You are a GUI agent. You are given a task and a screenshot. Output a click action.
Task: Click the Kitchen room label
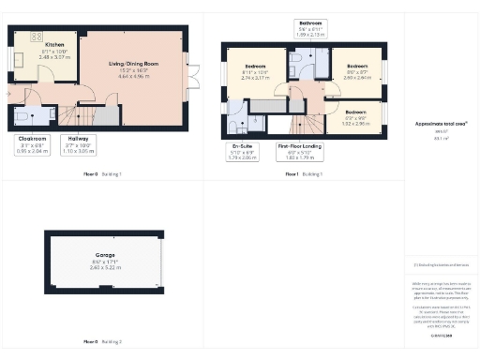[x=54, y=44]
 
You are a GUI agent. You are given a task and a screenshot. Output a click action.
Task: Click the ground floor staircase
[x=89, y=115]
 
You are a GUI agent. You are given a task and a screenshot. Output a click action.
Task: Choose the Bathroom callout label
[x=310, y=27]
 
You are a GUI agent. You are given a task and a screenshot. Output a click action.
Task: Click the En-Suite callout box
[x=243, y=150]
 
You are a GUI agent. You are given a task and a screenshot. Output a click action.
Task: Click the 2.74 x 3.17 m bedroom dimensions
[x=256, y=78]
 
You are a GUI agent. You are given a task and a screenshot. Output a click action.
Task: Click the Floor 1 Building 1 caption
[x=302, y=175]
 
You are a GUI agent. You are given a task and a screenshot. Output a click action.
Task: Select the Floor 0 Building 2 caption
[x=103, y=341]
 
